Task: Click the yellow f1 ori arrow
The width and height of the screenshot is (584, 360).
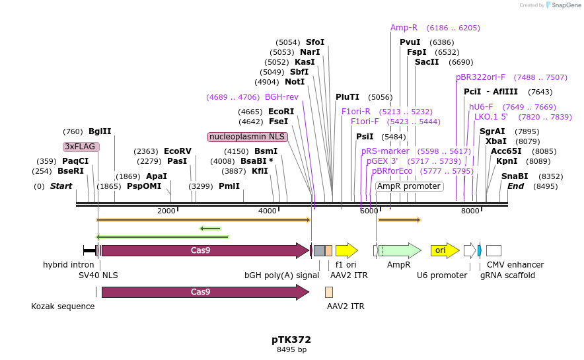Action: click(x=346, y=250)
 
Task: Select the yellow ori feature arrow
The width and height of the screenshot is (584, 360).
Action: click(x=444, y=250)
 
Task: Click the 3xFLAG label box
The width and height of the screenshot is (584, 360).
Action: click(x=81, y=146)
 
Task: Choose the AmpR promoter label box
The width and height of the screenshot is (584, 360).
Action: click(x=409, y=186)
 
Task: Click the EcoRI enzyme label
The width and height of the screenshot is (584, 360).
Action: click(x=281, y=112)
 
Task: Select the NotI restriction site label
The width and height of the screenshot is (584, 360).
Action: click(x=295, y=82)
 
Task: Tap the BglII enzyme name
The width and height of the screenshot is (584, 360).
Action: click(x=100, y=131)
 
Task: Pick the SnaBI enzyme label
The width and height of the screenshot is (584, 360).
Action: click(x=515, y=176)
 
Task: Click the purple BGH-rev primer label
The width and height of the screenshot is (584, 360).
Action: click(x=281, y=97)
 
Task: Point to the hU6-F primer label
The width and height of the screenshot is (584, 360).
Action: click(x=480, y=107)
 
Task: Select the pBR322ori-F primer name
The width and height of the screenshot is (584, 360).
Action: click(x=480, y=77)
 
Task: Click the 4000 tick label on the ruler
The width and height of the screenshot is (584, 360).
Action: click(x=267, y=211)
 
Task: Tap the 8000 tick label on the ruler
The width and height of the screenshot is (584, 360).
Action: click(x=470, y=211)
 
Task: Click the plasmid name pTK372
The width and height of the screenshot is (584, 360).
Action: click(x=291, y=340)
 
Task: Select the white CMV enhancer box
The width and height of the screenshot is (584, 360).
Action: click(x=493, y=250)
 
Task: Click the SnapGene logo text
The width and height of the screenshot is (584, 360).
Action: click(x=563, y=5)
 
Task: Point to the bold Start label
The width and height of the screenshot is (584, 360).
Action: click(x=61, y=186)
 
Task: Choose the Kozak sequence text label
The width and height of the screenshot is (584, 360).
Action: click(x=63, y=306)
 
